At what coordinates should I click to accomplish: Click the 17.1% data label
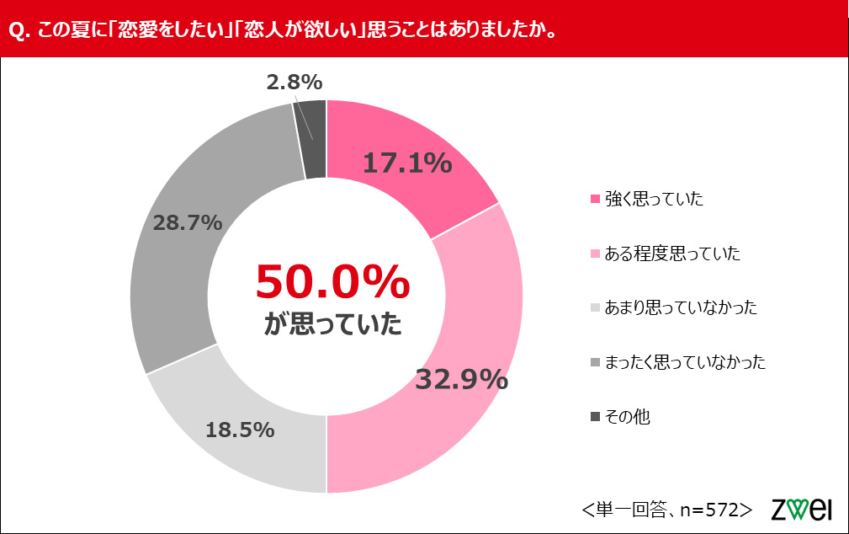point(407,163)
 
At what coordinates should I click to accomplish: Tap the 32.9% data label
point(462,379)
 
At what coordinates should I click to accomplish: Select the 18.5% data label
point(240,430)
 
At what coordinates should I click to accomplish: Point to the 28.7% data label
point(188,223)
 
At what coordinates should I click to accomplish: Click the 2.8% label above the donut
point(294,83)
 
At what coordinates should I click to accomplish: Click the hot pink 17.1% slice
point(401,158)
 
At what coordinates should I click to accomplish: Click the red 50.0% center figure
point(332,282)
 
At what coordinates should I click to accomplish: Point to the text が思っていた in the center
point(332,323)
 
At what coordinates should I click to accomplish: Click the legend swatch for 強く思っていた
point(595,199)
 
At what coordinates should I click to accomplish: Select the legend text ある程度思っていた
point(672,254)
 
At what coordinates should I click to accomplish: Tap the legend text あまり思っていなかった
point(681,307)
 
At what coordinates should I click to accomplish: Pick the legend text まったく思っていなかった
point(685,361)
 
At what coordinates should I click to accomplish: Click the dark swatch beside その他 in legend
point(595,416)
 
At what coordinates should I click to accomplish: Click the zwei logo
point(801,509)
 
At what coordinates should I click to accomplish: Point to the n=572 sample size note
point(710,510)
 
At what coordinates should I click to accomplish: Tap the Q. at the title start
point(20,30)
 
